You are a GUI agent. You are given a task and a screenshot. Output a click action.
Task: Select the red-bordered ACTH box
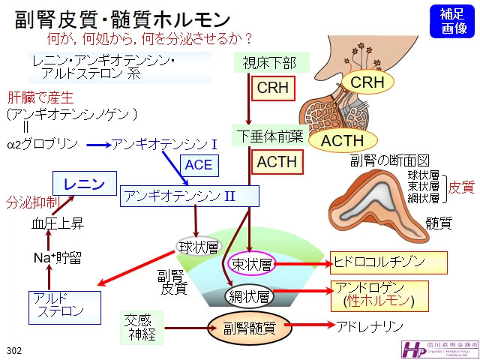(x=277, y=161)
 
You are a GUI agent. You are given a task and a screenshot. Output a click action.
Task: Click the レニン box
(x=84, y=183)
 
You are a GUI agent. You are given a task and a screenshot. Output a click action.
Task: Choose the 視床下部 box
(x=265, y=63)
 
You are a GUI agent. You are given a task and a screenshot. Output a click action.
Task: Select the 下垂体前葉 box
(x=268, y=135)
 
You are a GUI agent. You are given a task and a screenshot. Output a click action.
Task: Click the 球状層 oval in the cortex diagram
(x=197, y=245)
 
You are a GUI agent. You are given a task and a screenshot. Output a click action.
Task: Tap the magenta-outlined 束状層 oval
(x=252, y=262)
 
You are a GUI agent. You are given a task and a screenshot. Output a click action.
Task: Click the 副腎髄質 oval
(x=250, y=327)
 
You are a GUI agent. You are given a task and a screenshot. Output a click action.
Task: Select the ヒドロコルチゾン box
(x=389, y=262)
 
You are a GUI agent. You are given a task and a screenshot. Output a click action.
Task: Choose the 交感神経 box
(x=142, y=326)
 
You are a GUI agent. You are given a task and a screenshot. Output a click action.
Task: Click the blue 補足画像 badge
(x=451, y=19)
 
